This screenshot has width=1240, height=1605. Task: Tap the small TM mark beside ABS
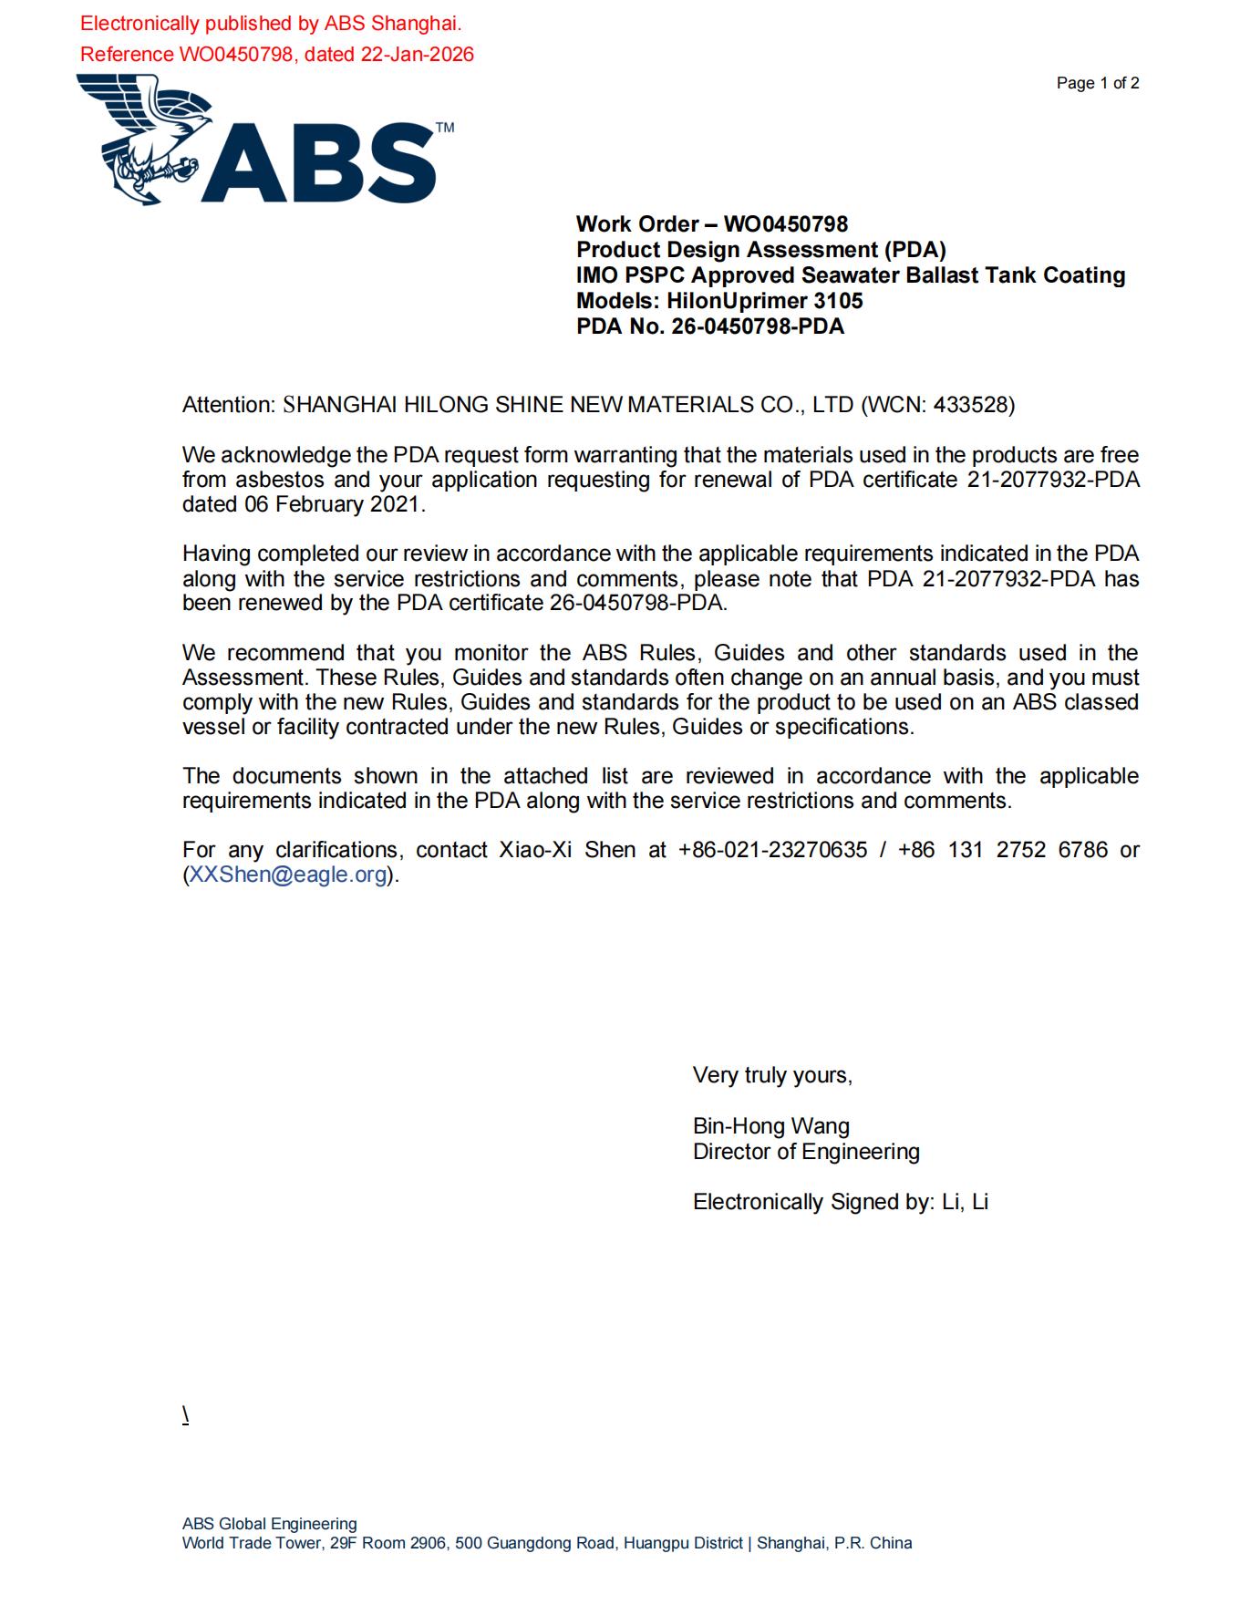click(445, 128)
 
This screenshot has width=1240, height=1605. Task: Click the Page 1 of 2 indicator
click(1097, 83)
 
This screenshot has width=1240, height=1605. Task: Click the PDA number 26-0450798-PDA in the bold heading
click(758, 326)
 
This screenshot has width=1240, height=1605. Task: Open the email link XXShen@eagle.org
click(287, 875)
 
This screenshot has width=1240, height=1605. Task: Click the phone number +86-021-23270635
click(772, 850)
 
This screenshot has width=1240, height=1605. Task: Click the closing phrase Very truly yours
click(771, 1075)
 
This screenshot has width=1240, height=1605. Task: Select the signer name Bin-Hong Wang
click(770, 1126)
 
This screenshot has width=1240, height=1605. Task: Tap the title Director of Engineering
click(806, 1152)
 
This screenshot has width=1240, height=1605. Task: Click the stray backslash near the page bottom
click(185, 1414)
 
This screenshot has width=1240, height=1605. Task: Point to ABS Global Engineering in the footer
click(269, 1524)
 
